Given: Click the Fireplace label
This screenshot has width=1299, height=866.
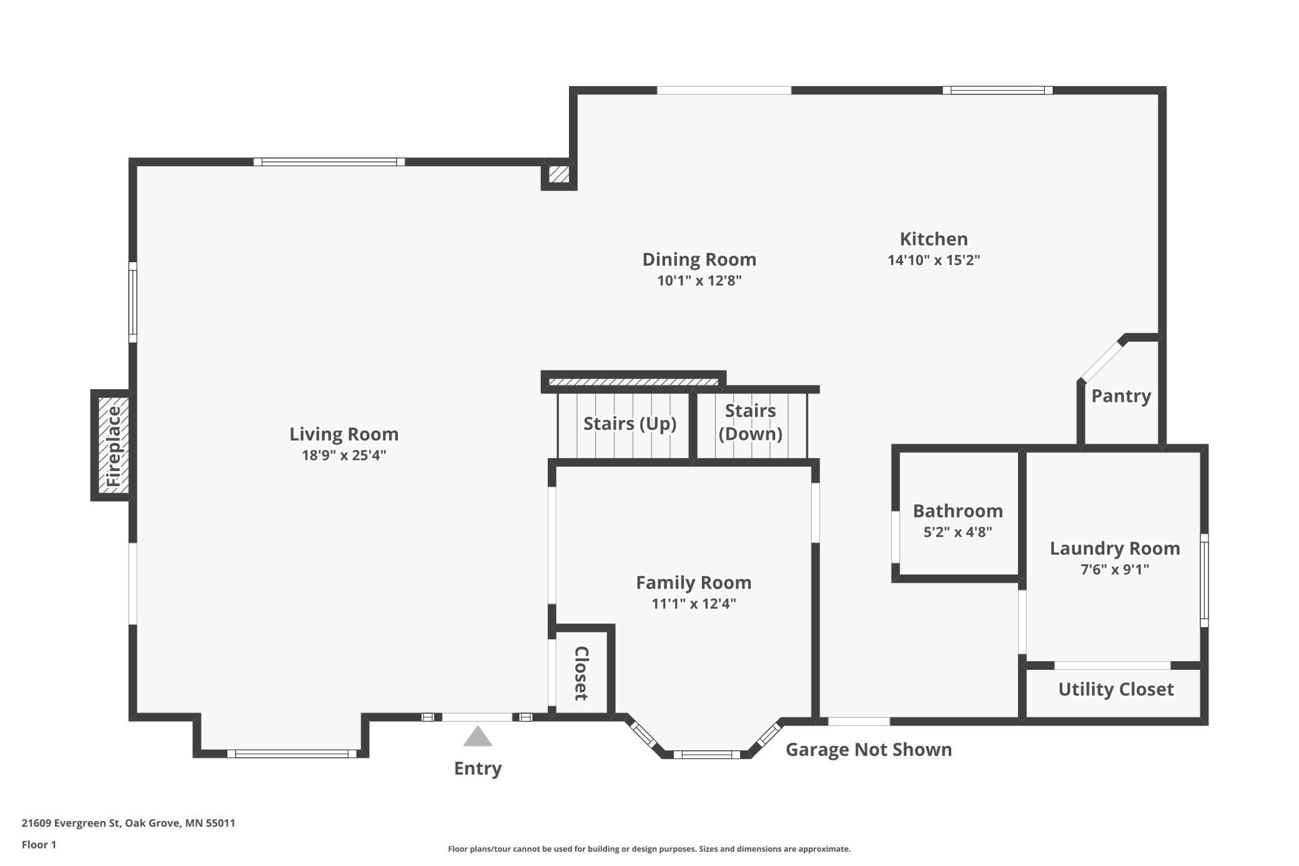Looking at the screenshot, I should pos(114,446).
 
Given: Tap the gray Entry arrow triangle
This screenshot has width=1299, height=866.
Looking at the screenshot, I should pos(478,737).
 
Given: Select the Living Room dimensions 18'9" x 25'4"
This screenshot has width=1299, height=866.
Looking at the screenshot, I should pos(344,455).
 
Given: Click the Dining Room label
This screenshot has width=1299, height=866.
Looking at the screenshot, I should pos(699,259).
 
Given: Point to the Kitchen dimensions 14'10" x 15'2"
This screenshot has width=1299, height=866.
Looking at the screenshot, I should pos(934,260).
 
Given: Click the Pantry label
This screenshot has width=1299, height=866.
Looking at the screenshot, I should pos(1121,396).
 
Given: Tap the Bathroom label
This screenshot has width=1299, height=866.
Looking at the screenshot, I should pos(957,511).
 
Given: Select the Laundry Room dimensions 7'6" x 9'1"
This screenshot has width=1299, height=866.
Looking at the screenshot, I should pos(1115,569).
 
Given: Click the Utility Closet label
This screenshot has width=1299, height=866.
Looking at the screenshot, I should pos(1116,689).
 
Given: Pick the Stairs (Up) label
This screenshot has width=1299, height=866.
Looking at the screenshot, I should pos(630,424).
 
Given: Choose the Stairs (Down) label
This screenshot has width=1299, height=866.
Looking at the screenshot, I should pos(750,422).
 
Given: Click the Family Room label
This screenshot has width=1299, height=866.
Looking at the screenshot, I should pos(693,582).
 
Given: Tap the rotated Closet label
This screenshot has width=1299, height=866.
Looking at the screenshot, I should pos(581,673).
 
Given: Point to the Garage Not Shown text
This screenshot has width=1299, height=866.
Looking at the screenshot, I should pos(868,749).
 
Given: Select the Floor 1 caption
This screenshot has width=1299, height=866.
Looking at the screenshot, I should pos(39,845).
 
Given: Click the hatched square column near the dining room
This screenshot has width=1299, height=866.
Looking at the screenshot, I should pos(559,174).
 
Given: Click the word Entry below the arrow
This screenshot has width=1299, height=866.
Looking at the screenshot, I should pos(478,769).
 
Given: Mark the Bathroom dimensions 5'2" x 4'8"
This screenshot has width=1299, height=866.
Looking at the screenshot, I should pos(957,532).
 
